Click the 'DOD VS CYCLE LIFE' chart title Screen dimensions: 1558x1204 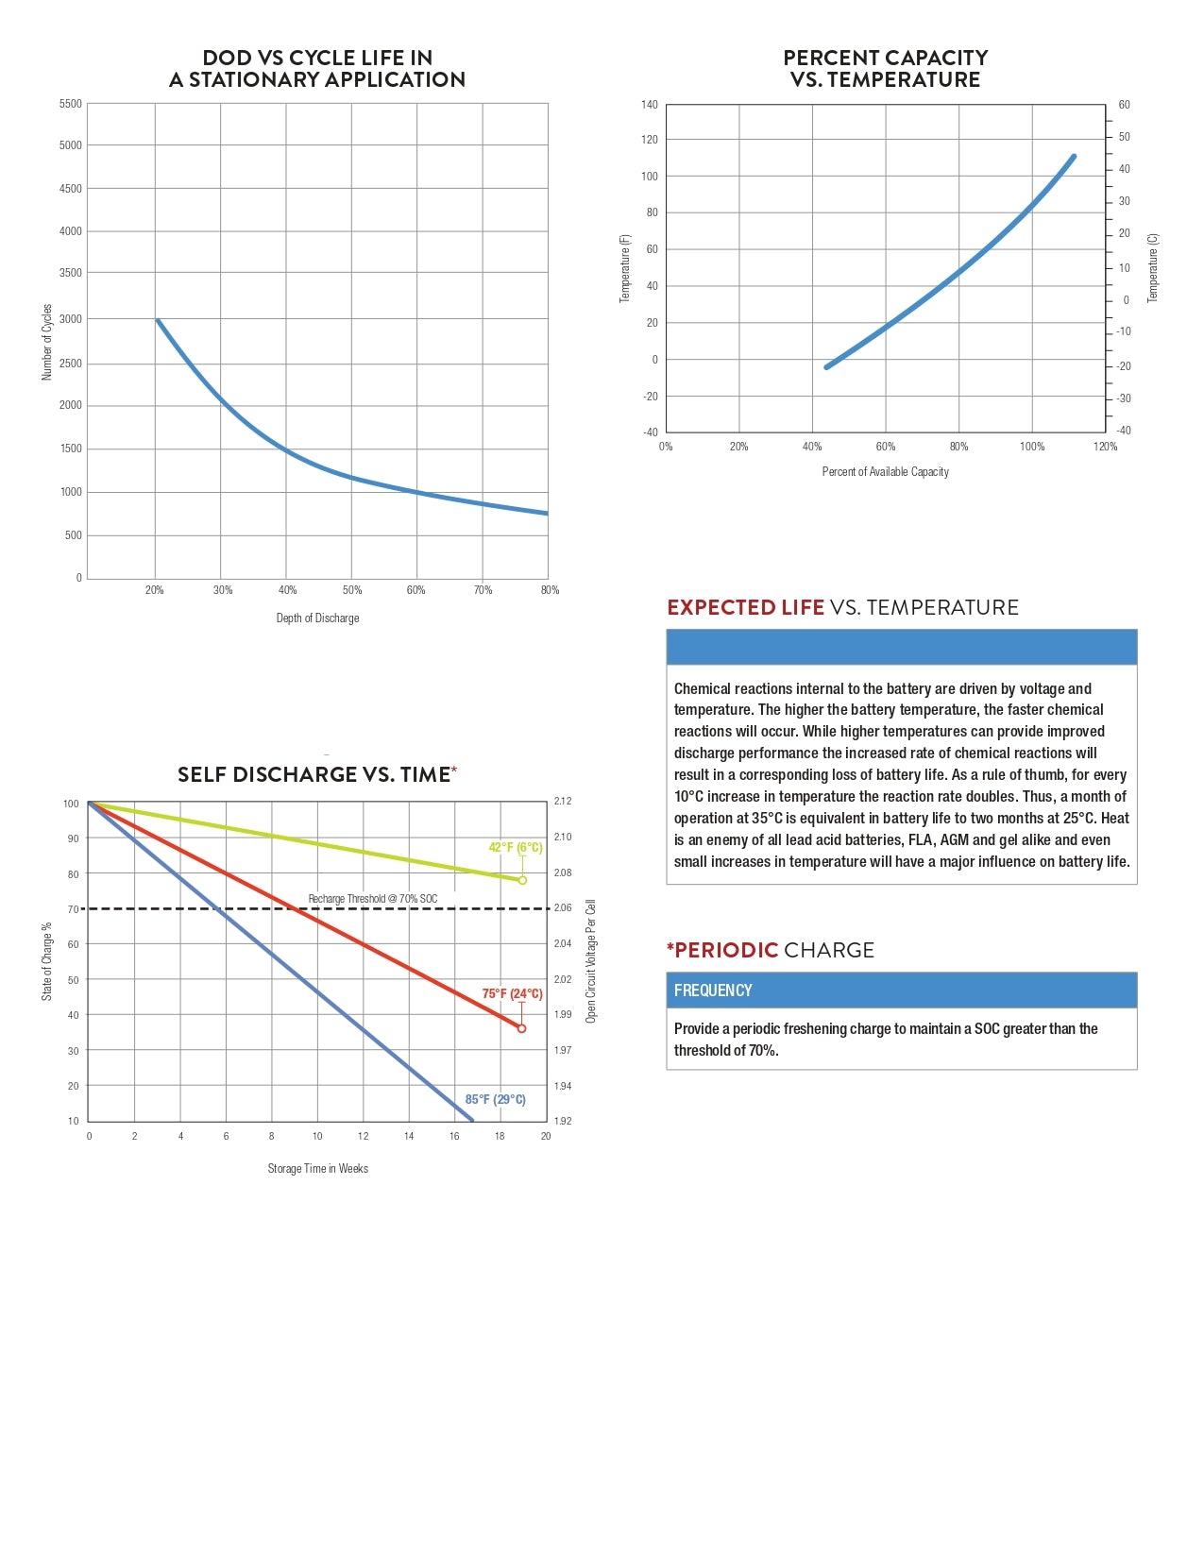pos(317,69)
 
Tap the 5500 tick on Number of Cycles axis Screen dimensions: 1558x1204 pos(71,104)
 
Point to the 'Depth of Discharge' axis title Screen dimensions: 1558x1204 pos(317,618)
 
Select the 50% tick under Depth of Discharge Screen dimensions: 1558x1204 pos(352,590)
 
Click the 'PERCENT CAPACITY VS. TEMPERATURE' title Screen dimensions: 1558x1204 pos(886,69)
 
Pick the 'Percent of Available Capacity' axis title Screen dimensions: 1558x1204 pos(886,472)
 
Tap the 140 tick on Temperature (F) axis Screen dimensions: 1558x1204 pos(650,105)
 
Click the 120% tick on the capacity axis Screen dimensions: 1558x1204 pos(1105,447)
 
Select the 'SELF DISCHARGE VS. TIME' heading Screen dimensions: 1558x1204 pos(314,775)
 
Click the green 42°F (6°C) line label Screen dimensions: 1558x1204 pos(516,847)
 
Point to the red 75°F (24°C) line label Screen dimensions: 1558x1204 pos(512,993)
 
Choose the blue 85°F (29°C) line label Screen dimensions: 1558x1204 pos(495,1099)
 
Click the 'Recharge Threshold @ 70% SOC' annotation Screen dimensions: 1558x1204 pos(373,899)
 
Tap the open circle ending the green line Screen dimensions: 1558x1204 pos(522,880)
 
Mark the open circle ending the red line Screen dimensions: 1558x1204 pos(521,1028)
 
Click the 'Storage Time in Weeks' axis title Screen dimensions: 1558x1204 pos(317,1169)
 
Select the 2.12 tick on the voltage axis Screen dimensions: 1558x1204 pos(563,802)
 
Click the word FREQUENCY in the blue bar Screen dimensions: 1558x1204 pos(713,991)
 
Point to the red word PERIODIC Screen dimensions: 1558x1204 pos(726,950)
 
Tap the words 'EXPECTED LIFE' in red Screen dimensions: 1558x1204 pos(746,607)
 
